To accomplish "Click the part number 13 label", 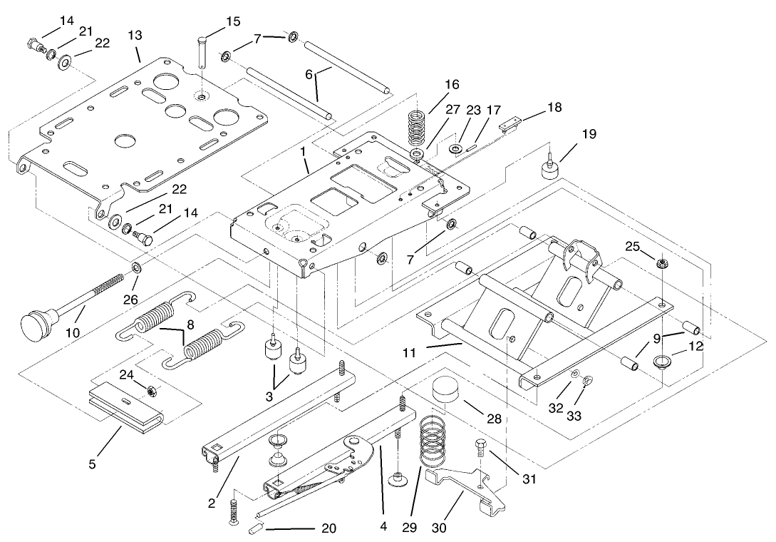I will click(135, 36).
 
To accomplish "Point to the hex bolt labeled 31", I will click(480, 450).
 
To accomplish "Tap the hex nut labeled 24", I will click(151, 390).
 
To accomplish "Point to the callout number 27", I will click(453, 109).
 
